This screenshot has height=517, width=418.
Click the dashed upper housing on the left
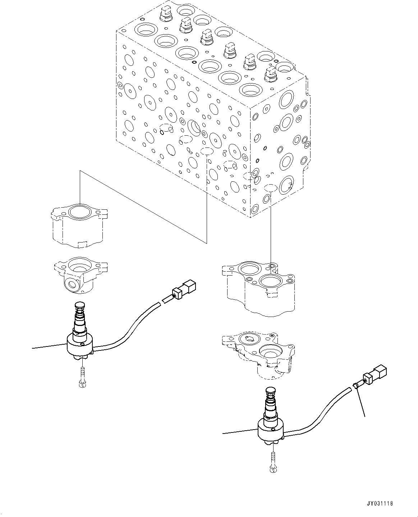click(x=79, y=227)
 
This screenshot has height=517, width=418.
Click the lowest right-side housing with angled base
click(x=264, y=356)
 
